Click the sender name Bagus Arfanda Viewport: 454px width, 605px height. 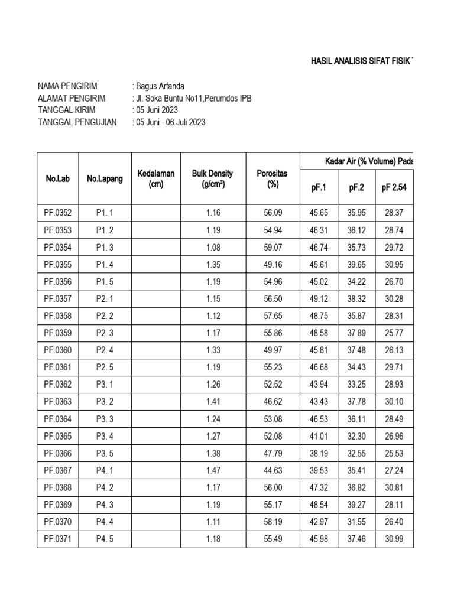(160, 86)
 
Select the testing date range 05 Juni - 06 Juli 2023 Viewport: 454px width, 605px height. (171, 122)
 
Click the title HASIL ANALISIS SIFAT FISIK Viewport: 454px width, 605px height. (361, 61)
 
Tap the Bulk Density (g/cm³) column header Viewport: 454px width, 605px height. (212, 178)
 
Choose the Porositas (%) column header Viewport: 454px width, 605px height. (273, 178)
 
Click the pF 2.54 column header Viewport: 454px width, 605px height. (394, 188)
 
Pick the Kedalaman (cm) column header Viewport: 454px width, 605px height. (156, 178)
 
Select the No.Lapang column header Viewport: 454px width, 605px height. (105, 178)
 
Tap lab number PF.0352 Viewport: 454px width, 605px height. (58, 213)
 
